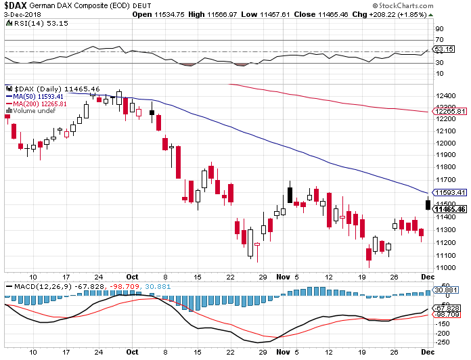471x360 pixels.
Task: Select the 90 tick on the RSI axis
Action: click(439, 29)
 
